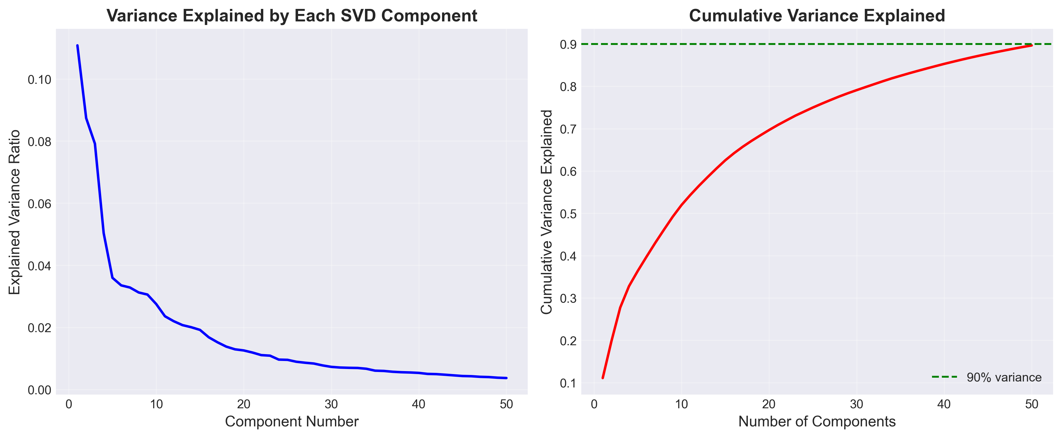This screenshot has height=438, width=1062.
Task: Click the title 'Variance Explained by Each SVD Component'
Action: tap(292, 16)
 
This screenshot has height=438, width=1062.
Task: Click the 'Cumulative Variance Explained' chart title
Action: tap(817, 16)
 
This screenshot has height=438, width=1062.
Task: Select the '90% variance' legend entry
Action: tap(1004, 377)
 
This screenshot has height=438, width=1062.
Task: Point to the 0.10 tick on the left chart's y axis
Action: tap(40, 79)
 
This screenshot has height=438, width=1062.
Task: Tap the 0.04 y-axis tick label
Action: tap(40, 266)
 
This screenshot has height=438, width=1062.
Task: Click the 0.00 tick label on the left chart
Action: tap(40, 390)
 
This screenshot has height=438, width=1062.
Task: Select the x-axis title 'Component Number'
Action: tap(292, 422)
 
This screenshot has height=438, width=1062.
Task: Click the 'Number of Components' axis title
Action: tap(817, 422)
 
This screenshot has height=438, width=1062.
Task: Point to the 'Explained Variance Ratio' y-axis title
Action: tap(15, 212)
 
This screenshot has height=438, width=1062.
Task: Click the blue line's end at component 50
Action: tap(506, 378)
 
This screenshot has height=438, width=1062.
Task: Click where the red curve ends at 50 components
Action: tap(1031, 45)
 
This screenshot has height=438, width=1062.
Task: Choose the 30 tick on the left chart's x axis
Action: tap(331, 404)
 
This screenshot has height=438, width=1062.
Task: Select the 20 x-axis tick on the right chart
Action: tap(769, 404)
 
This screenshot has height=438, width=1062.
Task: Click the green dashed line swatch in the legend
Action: tap(944, 377)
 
